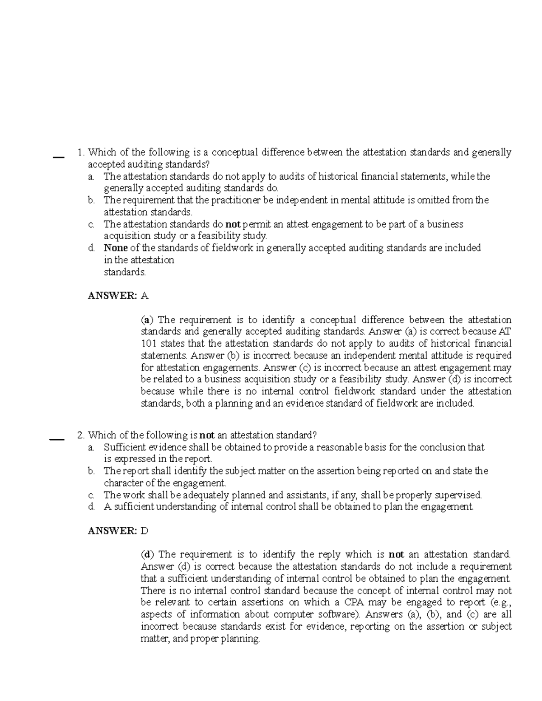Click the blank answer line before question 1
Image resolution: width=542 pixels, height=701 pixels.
tap(58, 157)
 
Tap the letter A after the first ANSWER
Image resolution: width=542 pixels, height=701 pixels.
tap(145, 296)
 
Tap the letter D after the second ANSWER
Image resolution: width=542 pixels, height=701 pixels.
tap(145, 531)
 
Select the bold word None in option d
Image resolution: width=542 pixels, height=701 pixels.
tap(116, 248)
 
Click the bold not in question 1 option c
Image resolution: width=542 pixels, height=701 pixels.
tap(234, 224)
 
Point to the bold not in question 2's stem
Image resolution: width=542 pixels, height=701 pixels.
tap(207, 436)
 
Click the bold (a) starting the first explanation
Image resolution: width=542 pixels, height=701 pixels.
tap(147, 320)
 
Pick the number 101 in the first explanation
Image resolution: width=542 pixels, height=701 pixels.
tap(148, 344)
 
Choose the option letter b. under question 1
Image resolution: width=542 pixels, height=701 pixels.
tap(92, 200)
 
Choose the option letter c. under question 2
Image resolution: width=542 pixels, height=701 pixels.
tap(92, 495)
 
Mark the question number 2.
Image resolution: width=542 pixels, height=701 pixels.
tap(81, 436)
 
